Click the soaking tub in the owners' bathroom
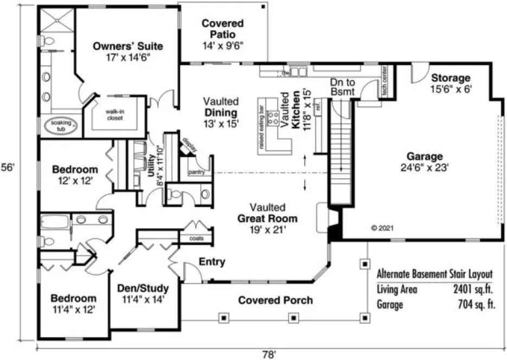click(61, 126)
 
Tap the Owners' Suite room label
click(127, 46)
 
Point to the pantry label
click(196, 172)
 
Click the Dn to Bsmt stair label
click(342, 87)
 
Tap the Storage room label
click(450, 78)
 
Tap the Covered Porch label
click(275, 300)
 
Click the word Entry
click(211, 262)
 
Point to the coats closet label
click(196, 239)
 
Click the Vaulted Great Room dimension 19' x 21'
click(267, 230)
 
